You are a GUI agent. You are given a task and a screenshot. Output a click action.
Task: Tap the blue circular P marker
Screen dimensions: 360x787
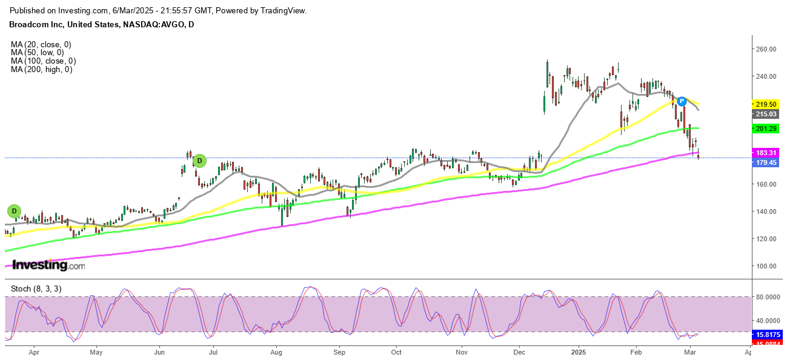click(x=682, y=101)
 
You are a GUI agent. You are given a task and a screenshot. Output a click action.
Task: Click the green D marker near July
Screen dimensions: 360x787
click(x=199, y=161)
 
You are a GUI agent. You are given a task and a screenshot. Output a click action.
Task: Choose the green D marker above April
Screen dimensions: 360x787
click(x=14, y=211)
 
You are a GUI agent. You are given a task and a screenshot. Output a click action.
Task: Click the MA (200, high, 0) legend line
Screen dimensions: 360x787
click(x=41, y=70)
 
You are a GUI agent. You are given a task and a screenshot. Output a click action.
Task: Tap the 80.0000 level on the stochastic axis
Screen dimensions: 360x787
click(x=766, y=297)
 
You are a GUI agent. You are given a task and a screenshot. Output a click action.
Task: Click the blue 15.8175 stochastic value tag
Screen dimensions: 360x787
click(x=766, y=334)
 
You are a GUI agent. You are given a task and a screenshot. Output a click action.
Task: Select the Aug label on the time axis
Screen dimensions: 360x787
click(x=276, y=352)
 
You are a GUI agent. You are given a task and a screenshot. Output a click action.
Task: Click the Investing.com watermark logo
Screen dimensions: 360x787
click(x=48, y=265)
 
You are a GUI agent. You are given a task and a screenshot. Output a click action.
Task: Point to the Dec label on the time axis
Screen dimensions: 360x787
click(x=520, y=352)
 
